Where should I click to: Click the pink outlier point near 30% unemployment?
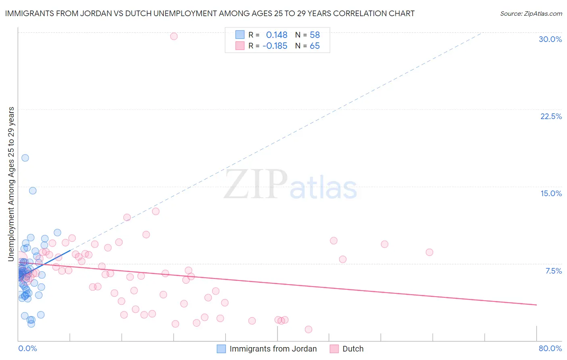pos(174,36)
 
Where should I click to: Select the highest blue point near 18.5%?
pos(25,158)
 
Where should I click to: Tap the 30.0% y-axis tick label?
pos(550,39)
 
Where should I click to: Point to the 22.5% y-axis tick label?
pos(551,116)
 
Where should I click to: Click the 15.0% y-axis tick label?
pos(551,193)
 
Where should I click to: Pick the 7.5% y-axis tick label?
pos(553,271)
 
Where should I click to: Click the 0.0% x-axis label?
pos(27,348)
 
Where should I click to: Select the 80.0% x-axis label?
pos(550,348)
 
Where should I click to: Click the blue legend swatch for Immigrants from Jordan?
pos(221,349)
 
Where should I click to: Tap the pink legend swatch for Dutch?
pos(334,349)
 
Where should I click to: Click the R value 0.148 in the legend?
pos(277,35)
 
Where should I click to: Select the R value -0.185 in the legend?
pos(275,46)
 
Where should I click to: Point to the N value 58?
pos(315,35)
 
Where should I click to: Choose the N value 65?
pos(315,46)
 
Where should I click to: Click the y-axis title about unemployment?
pos(11,184)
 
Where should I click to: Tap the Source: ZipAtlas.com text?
pos(531,14)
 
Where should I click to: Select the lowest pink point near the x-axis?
pos(309,329)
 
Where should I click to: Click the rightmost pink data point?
pos(429,252)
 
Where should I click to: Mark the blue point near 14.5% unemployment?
pos(33,190)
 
